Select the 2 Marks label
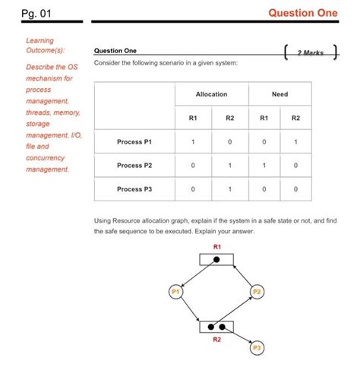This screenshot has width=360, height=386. click(x=310, y=52)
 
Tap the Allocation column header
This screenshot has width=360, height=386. click(x=211, y=94)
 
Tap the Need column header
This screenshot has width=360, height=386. click(x=279, y=94)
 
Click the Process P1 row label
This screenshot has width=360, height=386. click(x=134, y=141)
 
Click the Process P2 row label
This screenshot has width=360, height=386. click(x=134, y=165)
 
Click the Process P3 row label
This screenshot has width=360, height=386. click(x=134, y=188)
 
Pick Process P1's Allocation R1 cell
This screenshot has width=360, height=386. click(x=194, y=141)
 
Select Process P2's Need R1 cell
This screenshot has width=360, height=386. click(x=264, y=165)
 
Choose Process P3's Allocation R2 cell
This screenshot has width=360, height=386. click(x=229, y=188)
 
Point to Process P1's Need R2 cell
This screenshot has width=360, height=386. click(x=295, y=141)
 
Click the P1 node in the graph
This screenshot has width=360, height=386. click(x=176, y=292)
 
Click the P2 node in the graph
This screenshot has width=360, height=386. click(x=257, y=292)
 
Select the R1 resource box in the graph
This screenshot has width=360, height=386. click(x=217, y=259)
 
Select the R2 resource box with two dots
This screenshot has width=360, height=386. click(x=217, y=327)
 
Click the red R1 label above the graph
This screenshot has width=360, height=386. click(x=217, y=247)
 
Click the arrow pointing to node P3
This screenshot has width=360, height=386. click(x=242, y=337)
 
